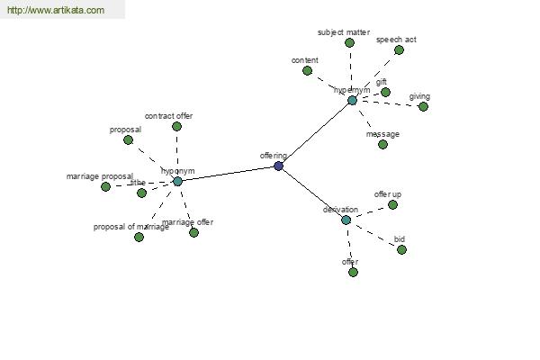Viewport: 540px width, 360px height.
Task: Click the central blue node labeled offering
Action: pyautogui.click(x=279, y=166)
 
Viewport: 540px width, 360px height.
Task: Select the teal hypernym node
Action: pyautogui.click(x=353, y=100)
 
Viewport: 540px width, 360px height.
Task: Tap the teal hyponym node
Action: pyautogui.click(x=177, y=181)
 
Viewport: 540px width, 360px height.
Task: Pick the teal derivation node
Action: pyautogui.click(x=346, y=220)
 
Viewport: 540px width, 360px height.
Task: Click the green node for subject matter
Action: pyautogui.click(x=350, y=42)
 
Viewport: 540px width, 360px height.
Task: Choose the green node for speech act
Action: pyautogui.click(x=400, y=49)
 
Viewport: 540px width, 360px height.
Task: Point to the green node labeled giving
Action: pyautogui.click(x=424, y=106)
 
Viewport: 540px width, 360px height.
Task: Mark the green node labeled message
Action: pyautogui.click(x=383, y=144)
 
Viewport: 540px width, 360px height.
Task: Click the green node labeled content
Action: pyautogui.click(x=308, y=70)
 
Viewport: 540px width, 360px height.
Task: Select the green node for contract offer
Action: pyautogui.click(x=177, y=126)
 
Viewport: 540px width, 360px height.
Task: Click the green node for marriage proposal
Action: pyautogui.click(x=106, y=186)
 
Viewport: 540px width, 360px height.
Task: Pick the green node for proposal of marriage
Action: pyautogui.click(x=139, y=237)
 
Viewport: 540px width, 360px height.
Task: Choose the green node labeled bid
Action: pyautogui.click(x=402, y=249)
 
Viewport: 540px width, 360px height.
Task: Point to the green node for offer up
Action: pyautogui.click(x=393, y=204)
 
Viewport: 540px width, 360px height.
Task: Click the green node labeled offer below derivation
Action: pyautogui.click(x=353, y=272)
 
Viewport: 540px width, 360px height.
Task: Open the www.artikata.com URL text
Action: pyautogui.click(x=55, y=11)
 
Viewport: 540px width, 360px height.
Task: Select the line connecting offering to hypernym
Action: pyautogui.click(x=315, y=134)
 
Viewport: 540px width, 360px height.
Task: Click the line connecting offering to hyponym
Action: pyautogui.click(x=229, y=174)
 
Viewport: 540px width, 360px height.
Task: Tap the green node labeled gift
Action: pyautogui.click(x=386, y=92)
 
